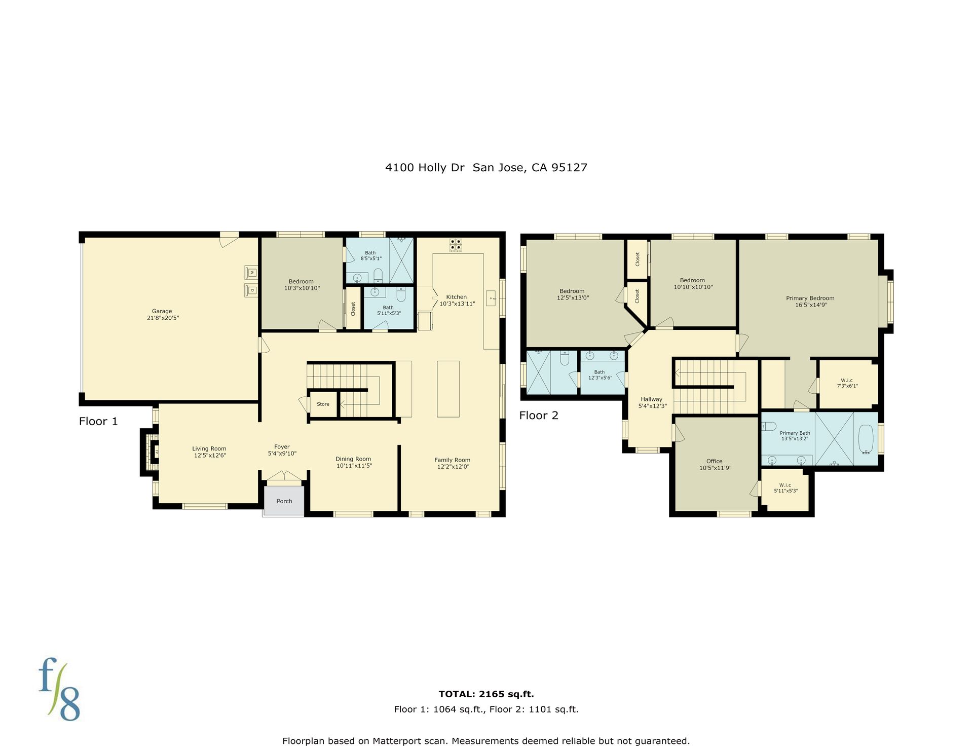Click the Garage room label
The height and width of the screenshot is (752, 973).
[x=162, y=311]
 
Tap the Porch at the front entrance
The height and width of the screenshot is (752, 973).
[x=284, y=501]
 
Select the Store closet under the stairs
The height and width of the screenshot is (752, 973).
[x=323, y=404]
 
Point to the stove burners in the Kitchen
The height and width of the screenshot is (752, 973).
[x=456, y=245]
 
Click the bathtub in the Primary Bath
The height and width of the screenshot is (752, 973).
[x=866, y=439]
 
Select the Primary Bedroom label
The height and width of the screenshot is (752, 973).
[x=810, y=298]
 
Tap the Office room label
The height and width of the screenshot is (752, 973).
[x=714, y=461]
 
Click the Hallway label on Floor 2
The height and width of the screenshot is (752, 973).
[x=651, y=399]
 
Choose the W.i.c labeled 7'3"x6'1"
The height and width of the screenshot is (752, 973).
[x=847, y=383]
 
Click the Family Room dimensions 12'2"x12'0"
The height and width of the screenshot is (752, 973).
[x=453, y=467]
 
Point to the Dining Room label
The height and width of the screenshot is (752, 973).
[x=353, y=459]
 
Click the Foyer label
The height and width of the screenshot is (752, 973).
[x=282, y=447]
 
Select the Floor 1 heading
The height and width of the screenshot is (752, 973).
[x=98, y=422]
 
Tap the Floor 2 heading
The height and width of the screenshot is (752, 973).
[x=539, y=416]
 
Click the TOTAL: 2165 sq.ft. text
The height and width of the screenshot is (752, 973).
[x=486, y=694]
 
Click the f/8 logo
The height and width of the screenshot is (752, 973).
[x=59, y=689]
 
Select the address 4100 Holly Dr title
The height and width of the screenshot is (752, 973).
[x=425, y=168]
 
